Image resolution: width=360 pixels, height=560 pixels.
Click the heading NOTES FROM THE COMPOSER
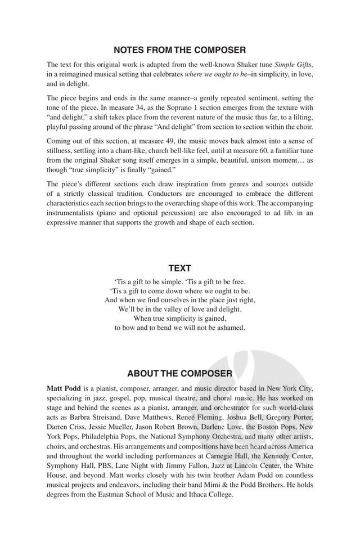179,50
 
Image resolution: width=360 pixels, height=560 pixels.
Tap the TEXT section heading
179,268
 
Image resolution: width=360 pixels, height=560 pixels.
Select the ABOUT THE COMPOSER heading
179,373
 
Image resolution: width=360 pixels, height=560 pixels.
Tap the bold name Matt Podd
64,389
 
